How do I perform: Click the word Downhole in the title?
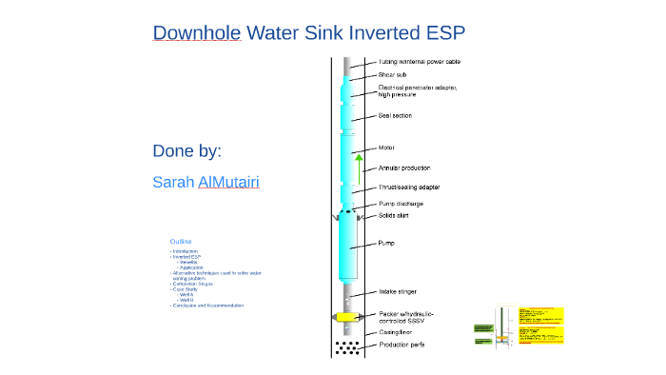[x=196, y=33]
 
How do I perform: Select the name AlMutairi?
[x=228, y=182]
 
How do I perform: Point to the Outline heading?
[x=181, y=242]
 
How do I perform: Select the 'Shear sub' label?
[x=393, y=74]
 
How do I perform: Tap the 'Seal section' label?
[x=395, y=116]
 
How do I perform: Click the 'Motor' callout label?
[x=386, y=148]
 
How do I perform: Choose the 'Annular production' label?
[x=404, y=168]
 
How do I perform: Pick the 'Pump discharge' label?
[x=401, y=204]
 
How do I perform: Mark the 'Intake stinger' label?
[x=400, y=291]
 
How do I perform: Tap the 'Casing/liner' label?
[x=397, y=332]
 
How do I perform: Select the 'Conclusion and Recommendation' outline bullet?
[x=208, y=306]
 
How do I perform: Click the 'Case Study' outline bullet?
[x=185, y=289]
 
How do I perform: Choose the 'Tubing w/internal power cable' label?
[x=420, y=62]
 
